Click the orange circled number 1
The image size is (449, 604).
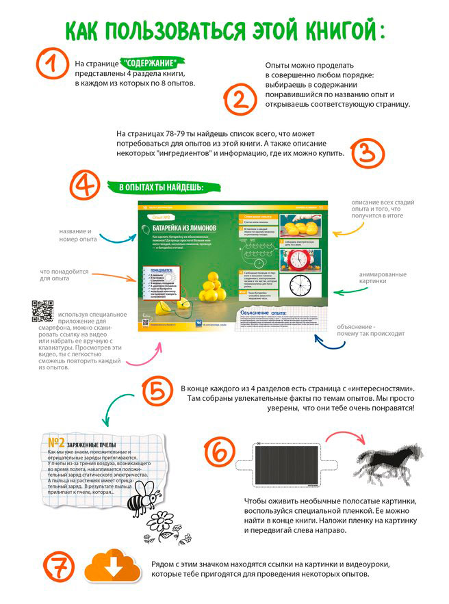click(50, 66)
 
